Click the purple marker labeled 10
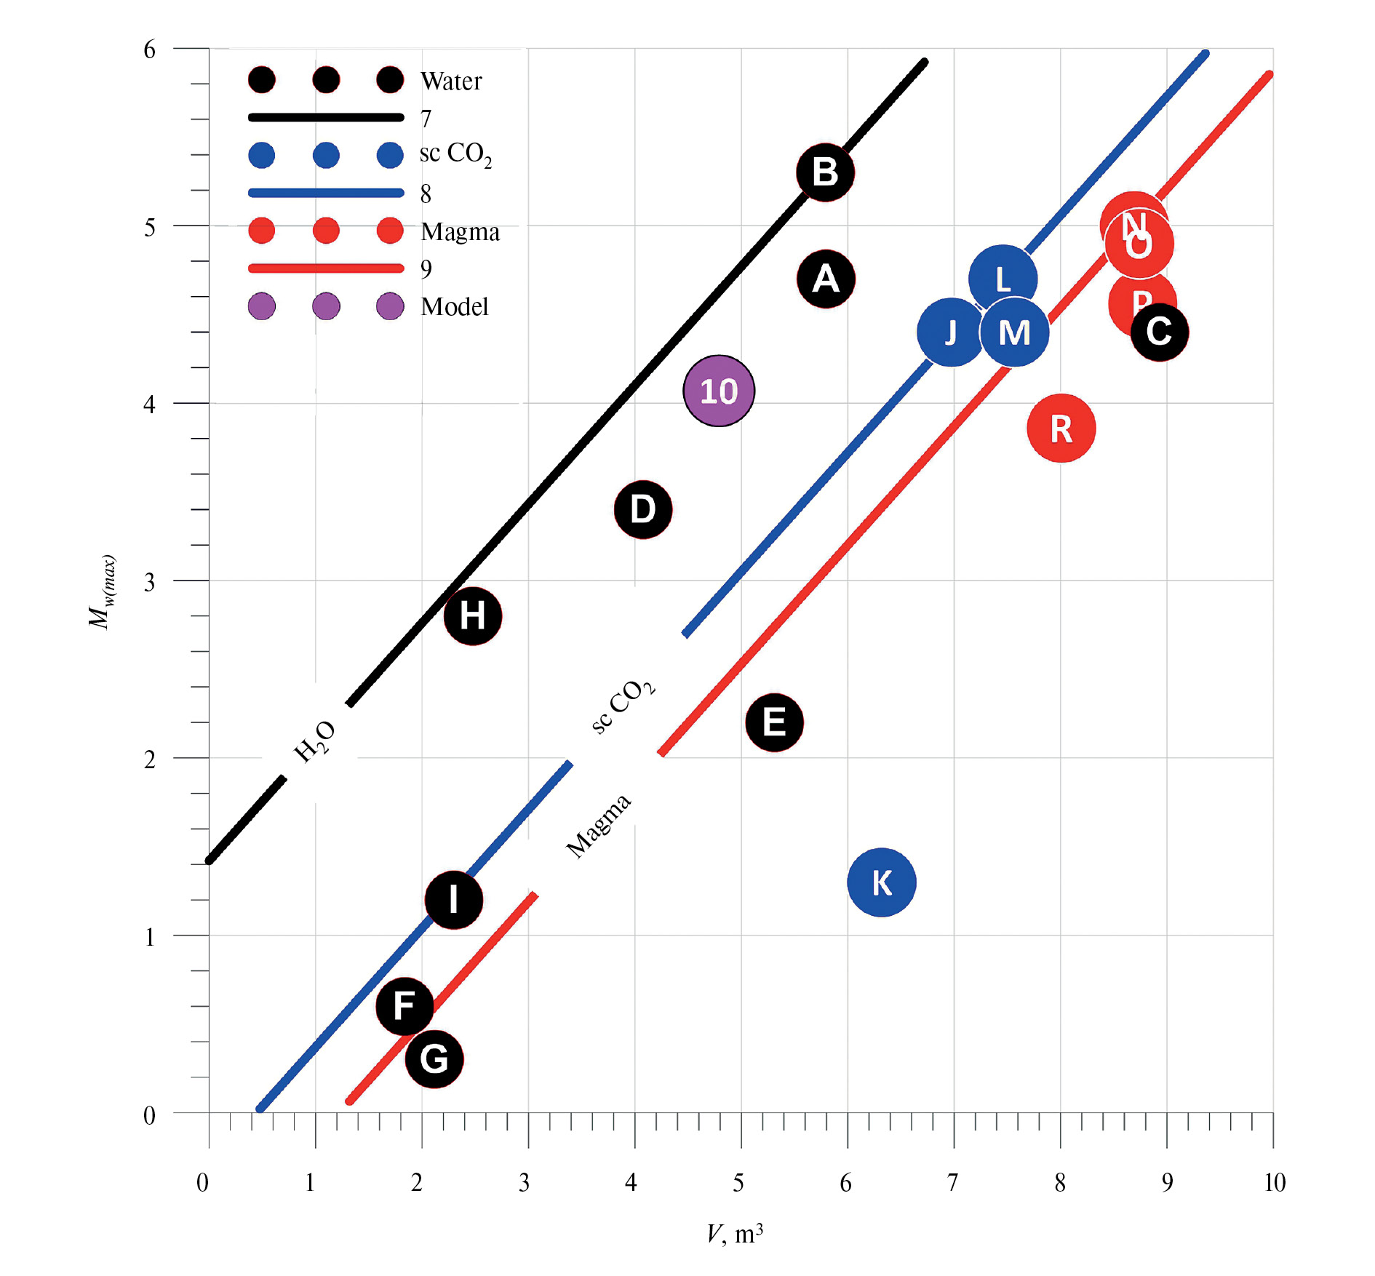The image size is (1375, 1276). (719, 391)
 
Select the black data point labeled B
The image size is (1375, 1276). (825, 172)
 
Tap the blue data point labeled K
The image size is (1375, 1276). (882, 882)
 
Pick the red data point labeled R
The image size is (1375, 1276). (1061, 428)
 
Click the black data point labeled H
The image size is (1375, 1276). (473, 615)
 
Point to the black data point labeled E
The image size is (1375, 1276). (775, 722)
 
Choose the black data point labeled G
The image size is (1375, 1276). (434, 1059)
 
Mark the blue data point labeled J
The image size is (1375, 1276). (950, 332)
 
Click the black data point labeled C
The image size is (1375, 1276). (1160, 332)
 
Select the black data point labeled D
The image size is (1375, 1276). (643, 509)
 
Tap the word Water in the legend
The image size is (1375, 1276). (451, 81)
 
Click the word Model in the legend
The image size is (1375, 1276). (455, 306)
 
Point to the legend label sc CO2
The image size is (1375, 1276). (455, 154)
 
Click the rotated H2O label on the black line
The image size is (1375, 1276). (314, 741)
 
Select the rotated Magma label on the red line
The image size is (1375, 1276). (599, 826)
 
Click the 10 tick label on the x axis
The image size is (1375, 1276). (1274, 1182)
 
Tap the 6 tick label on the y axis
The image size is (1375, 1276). (149, 49)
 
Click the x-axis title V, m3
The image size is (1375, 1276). (735, 1233)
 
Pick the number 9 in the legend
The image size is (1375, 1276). (426, 269)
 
